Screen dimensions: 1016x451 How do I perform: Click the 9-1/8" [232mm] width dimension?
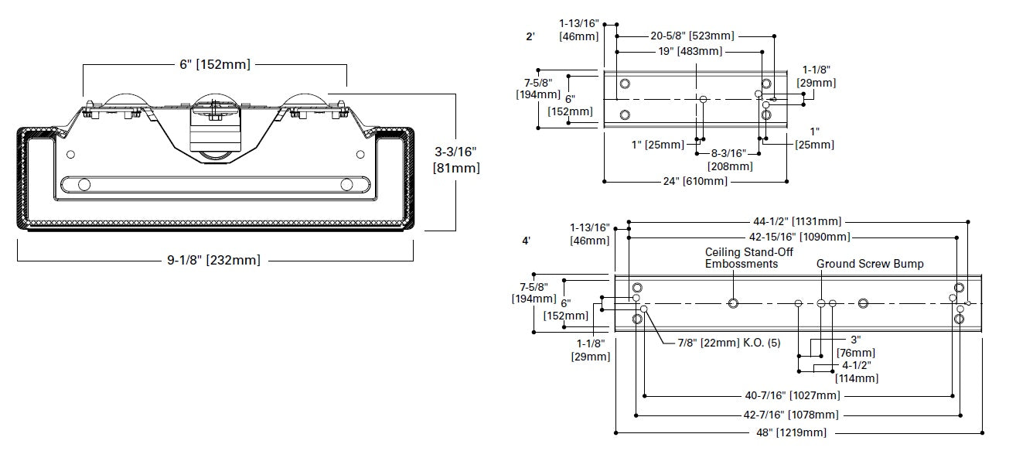[213, 261]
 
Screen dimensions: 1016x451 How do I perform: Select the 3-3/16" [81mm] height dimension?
[456, 159]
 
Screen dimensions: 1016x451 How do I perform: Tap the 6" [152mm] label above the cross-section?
[214, 64]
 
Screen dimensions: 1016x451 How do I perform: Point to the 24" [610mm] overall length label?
[695, 182]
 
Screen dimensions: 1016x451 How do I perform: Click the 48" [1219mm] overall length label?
[792, 433]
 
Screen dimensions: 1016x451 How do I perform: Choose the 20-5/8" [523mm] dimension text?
[692, 36]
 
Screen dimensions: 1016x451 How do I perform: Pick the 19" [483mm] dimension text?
[690, 52]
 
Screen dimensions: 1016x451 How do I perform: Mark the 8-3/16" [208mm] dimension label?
[730, 160]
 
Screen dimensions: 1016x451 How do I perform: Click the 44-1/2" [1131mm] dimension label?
[797, 221]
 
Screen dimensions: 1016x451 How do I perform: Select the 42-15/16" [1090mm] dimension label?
[800, 237]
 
